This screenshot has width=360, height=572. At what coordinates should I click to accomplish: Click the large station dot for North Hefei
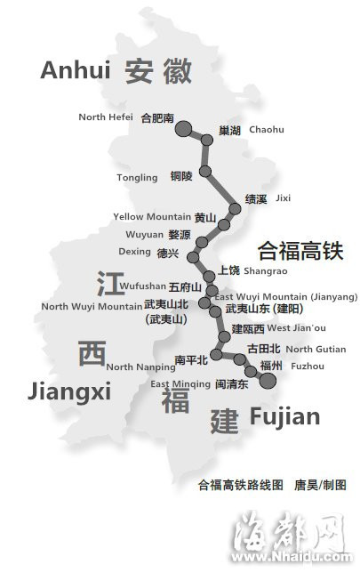[x=183, y=130]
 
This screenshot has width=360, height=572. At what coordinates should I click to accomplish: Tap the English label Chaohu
[x=267, y=130]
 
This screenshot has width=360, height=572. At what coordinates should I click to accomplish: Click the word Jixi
[x=283, y=197]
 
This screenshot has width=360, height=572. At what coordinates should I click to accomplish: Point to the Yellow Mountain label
[x=152, y=217]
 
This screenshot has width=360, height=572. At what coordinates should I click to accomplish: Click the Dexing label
[x=135, y=252]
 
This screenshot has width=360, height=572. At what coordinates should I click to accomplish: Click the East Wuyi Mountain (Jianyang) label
[x=286, y=296]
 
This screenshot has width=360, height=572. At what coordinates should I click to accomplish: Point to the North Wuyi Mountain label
[x=91, y=307]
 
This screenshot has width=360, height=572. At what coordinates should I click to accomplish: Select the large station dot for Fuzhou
[x=267, y=381]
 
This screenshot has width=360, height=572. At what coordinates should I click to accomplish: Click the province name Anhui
[x=76, y=70]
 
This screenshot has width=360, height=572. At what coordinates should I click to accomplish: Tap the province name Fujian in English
[x=284, y=417]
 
